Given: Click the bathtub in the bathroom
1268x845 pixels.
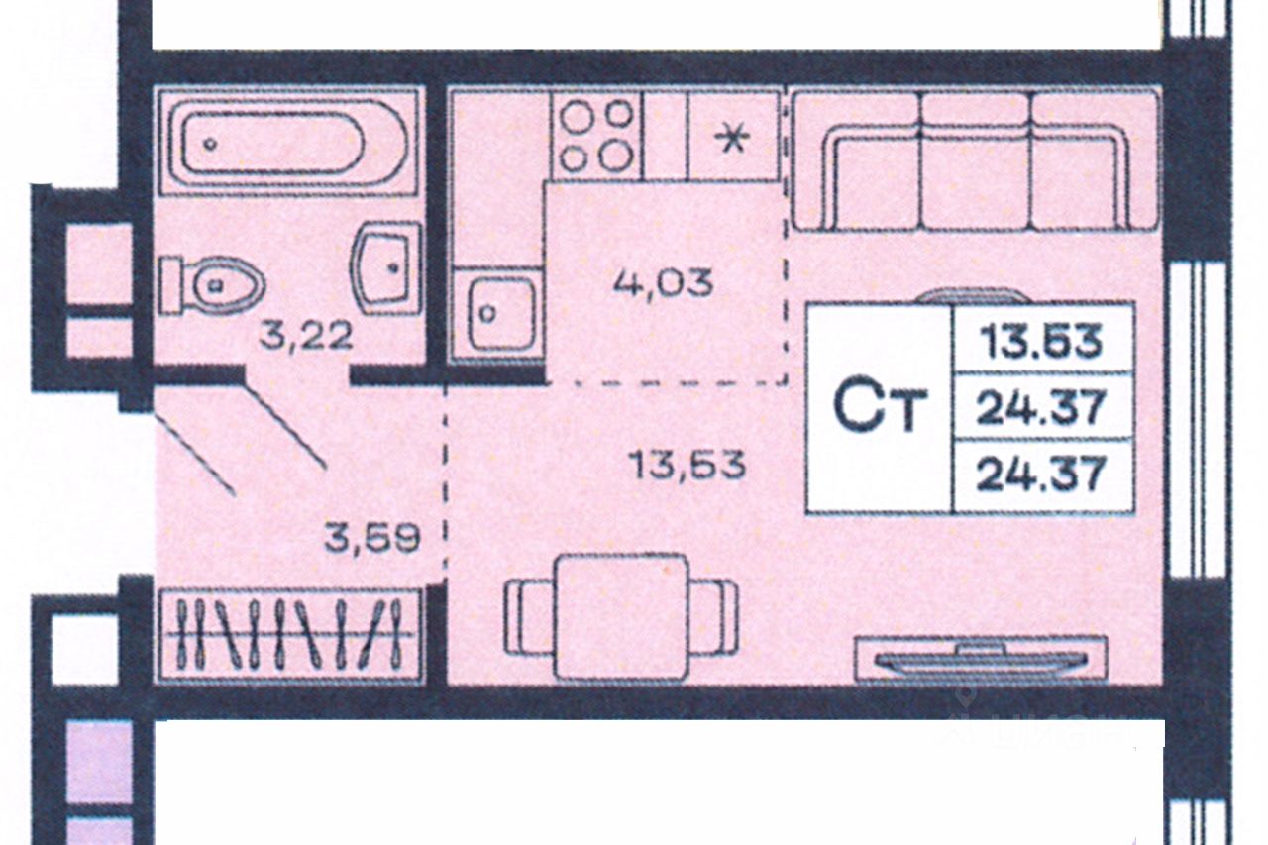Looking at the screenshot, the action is [287, 142].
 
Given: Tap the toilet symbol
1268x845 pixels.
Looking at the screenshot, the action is [215, 285].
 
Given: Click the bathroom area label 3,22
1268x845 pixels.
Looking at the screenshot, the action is [306, 336].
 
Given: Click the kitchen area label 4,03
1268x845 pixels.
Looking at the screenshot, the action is [663, 282].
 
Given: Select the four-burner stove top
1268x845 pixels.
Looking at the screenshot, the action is [596, 135].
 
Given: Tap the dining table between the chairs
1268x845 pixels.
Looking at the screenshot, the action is [621, 616].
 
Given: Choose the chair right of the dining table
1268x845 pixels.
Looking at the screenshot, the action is [715, 616].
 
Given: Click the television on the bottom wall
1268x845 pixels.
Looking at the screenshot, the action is [980, 659].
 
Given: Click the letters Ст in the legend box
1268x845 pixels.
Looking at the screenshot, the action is [879, 407].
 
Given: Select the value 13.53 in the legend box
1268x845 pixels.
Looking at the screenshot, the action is [1040, 341].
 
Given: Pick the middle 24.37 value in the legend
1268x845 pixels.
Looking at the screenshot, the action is [1040, 407].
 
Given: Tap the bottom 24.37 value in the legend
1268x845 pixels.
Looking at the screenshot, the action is [1040, 475].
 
